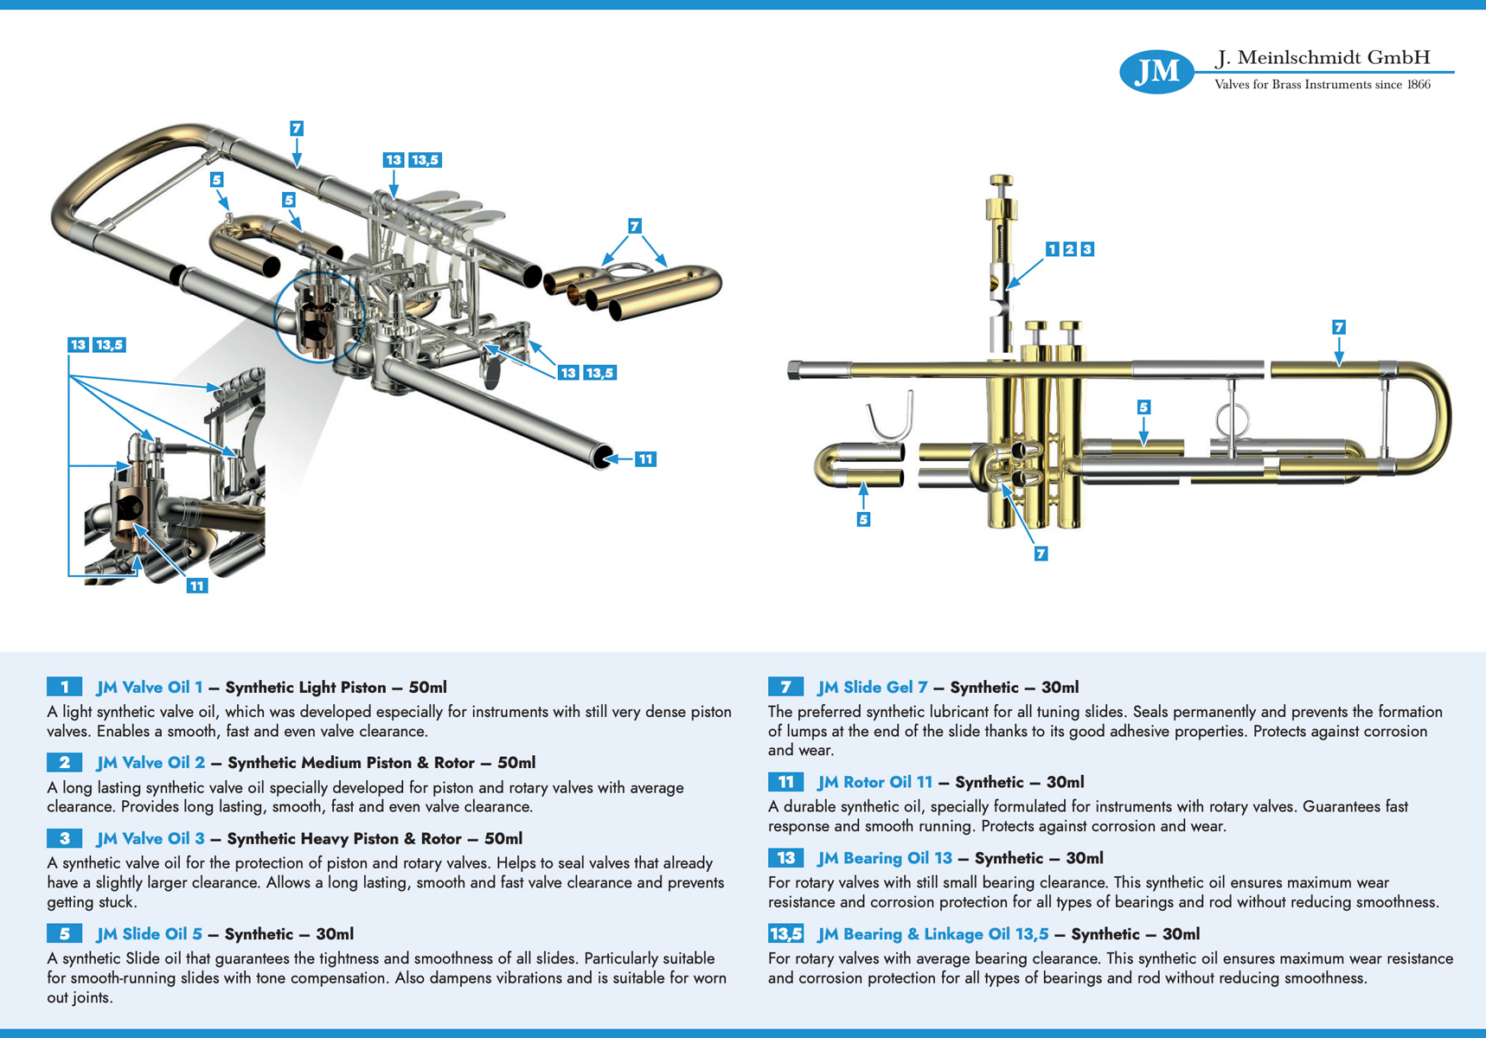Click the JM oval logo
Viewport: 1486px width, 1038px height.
point(1156,71)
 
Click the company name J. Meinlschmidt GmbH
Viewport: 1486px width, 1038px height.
point(1323,58)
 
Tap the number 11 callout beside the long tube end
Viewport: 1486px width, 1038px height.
point(645,459)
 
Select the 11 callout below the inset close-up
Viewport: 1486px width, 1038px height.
point(197,586)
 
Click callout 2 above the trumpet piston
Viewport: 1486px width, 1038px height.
point(1069,249)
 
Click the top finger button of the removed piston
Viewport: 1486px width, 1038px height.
point(1002,180)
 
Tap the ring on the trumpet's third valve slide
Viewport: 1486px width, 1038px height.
point(1233,422)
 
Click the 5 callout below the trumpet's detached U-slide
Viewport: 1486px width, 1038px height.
point(863,519)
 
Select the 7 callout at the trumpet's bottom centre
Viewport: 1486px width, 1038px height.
point(1041,554)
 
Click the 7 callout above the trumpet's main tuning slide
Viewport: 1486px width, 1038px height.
point(1338,327)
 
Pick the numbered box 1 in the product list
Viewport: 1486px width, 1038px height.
point(65,687)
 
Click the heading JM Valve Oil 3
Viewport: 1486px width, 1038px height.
point(151,838)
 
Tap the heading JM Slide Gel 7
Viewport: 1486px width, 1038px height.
point(872,687)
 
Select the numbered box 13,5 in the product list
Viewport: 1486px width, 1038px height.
point(785,933)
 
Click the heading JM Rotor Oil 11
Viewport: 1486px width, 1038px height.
point(874,782)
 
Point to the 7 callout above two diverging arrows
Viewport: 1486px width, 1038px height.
point(634,226)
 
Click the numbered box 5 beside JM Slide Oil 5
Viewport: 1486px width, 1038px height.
point(65,933)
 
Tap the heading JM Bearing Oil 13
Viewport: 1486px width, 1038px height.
point(884,858)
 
